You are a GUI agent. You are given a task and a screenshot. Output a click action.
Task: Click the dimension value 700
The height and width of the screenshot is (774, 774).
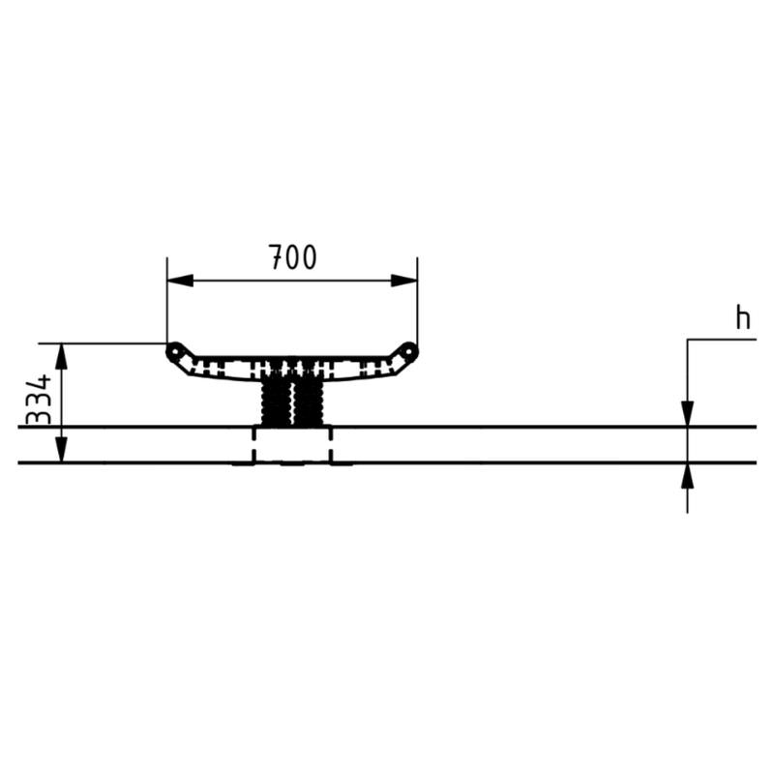pos(293,257)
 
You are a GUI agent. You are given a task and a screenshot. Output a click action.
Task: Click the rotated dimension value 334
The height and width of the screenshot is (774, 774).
pos(39,400)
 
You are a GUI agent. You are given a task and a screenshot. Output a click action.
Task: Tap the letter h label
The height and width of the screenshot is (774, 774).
pos(742,317)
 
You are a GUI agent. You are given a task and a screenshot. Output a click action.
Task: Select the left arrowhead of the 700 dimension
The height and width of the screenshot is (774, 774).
pos(180,281)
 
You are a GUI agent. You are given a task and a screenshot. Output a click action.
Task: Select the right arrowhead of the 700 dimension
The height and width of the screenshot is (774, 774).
pos(404,281)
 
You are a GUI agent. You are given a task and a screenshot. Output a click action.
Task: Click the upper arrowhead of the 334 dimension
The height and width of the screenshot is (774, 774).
pos(61,356)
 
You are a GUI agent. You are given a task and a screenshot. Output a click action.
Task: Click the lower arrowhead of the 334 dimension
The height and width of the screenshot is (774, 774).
pos(61,450)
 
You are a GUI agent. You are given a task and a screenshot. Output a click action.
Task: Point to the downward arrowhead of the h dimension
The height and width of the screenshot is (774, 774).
pos(687,414)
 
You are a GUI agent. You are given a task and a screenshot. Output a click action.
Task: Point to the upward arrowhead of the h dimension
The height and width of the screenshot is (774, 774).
pos(687,475)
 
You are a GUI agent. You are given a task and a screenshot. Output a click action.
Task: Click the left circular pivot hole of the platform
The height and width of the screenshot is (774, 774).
pos(174,351)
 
